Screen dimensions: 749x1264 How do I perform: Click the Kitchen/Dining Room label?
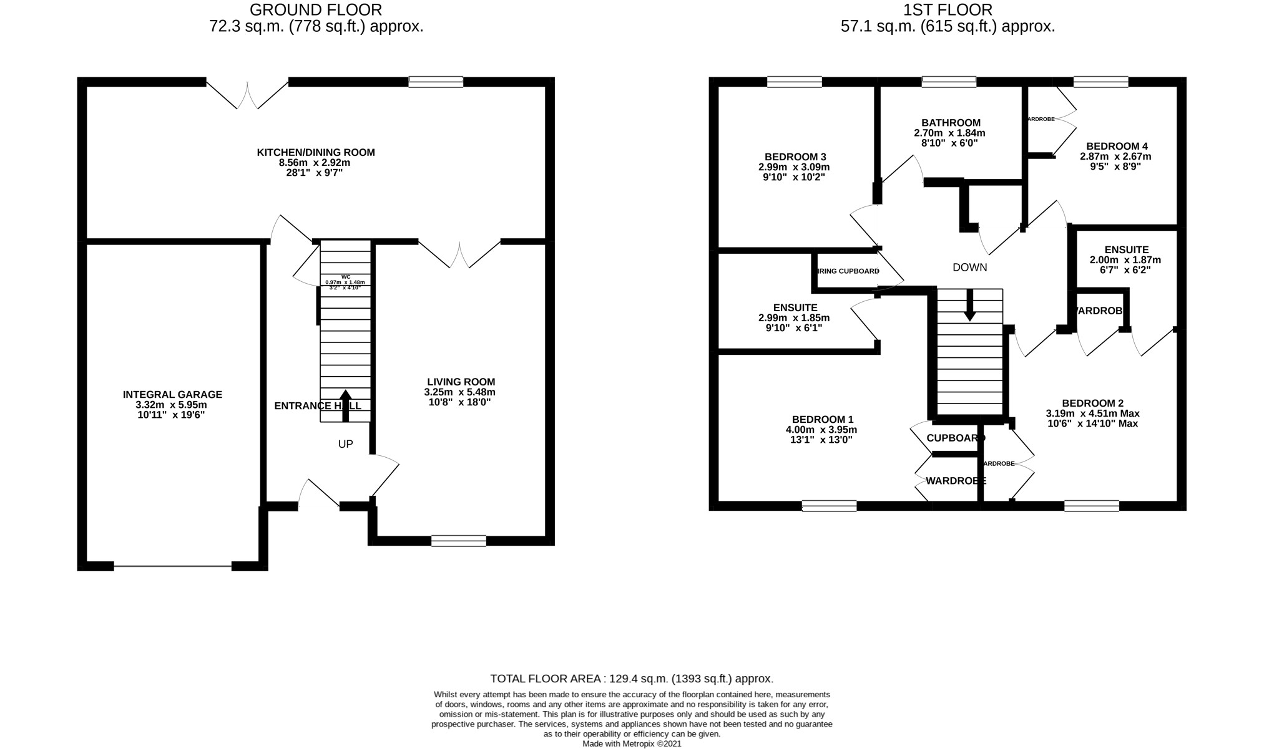pyautogui.click(x=316, y=152)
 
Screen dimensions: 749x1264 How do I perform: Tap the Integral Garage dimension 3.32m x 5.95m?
pyautogui.click(x=172, y=404)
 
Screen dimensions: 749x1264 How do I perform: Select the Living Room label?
pyautogui.click(x=461, y=382)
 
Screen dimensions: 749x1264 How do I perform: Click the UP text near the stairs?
pyautogui.click(x=345, y=444)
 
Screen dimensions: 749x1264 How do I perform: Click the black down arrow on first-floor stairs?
pyautogui.click(x=969, y=305)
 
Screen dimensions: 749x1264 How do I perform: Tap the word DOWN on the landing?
pyautogui.click(x=969, y=268)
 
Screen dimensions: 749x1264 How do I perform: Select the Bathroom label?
pyautogui.click(x=951, y=123)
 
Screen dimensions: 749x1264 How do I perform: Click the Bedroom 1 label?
pyautogui.click(x=822, y=420)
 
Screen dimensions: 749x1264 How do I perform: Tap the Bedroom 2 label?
pyautogui.click(x=1092, y=403)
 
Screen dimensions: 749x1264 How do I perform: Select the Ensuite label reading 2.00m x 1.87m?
pyautogui.click(x=1126, y=249)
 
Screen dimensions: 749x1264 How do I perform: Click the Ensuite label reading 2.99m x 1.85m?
pyautogui.click(x=795, y=307)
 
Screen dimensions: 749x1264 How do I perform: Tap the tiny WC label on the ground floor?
pyautogui.click(x=345, y=277)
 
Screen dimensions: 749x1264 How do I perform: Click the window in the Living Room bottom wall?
pyautogui.click(x=458, y=541)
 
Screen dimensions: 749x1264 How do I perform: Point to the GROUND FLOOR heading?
pyautogui.click(x=316, y=10)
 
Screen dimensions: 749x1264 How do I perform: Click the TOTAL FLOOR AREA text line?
pyautogui.click(x=632, y=679)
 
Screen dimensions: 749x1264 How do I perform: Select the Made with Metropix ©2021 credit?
pyautogui.click(x=632, y=744)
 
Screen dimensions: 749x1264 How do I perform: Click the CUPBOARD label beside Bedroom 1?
pyautogui.click(x=955, y=438)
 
